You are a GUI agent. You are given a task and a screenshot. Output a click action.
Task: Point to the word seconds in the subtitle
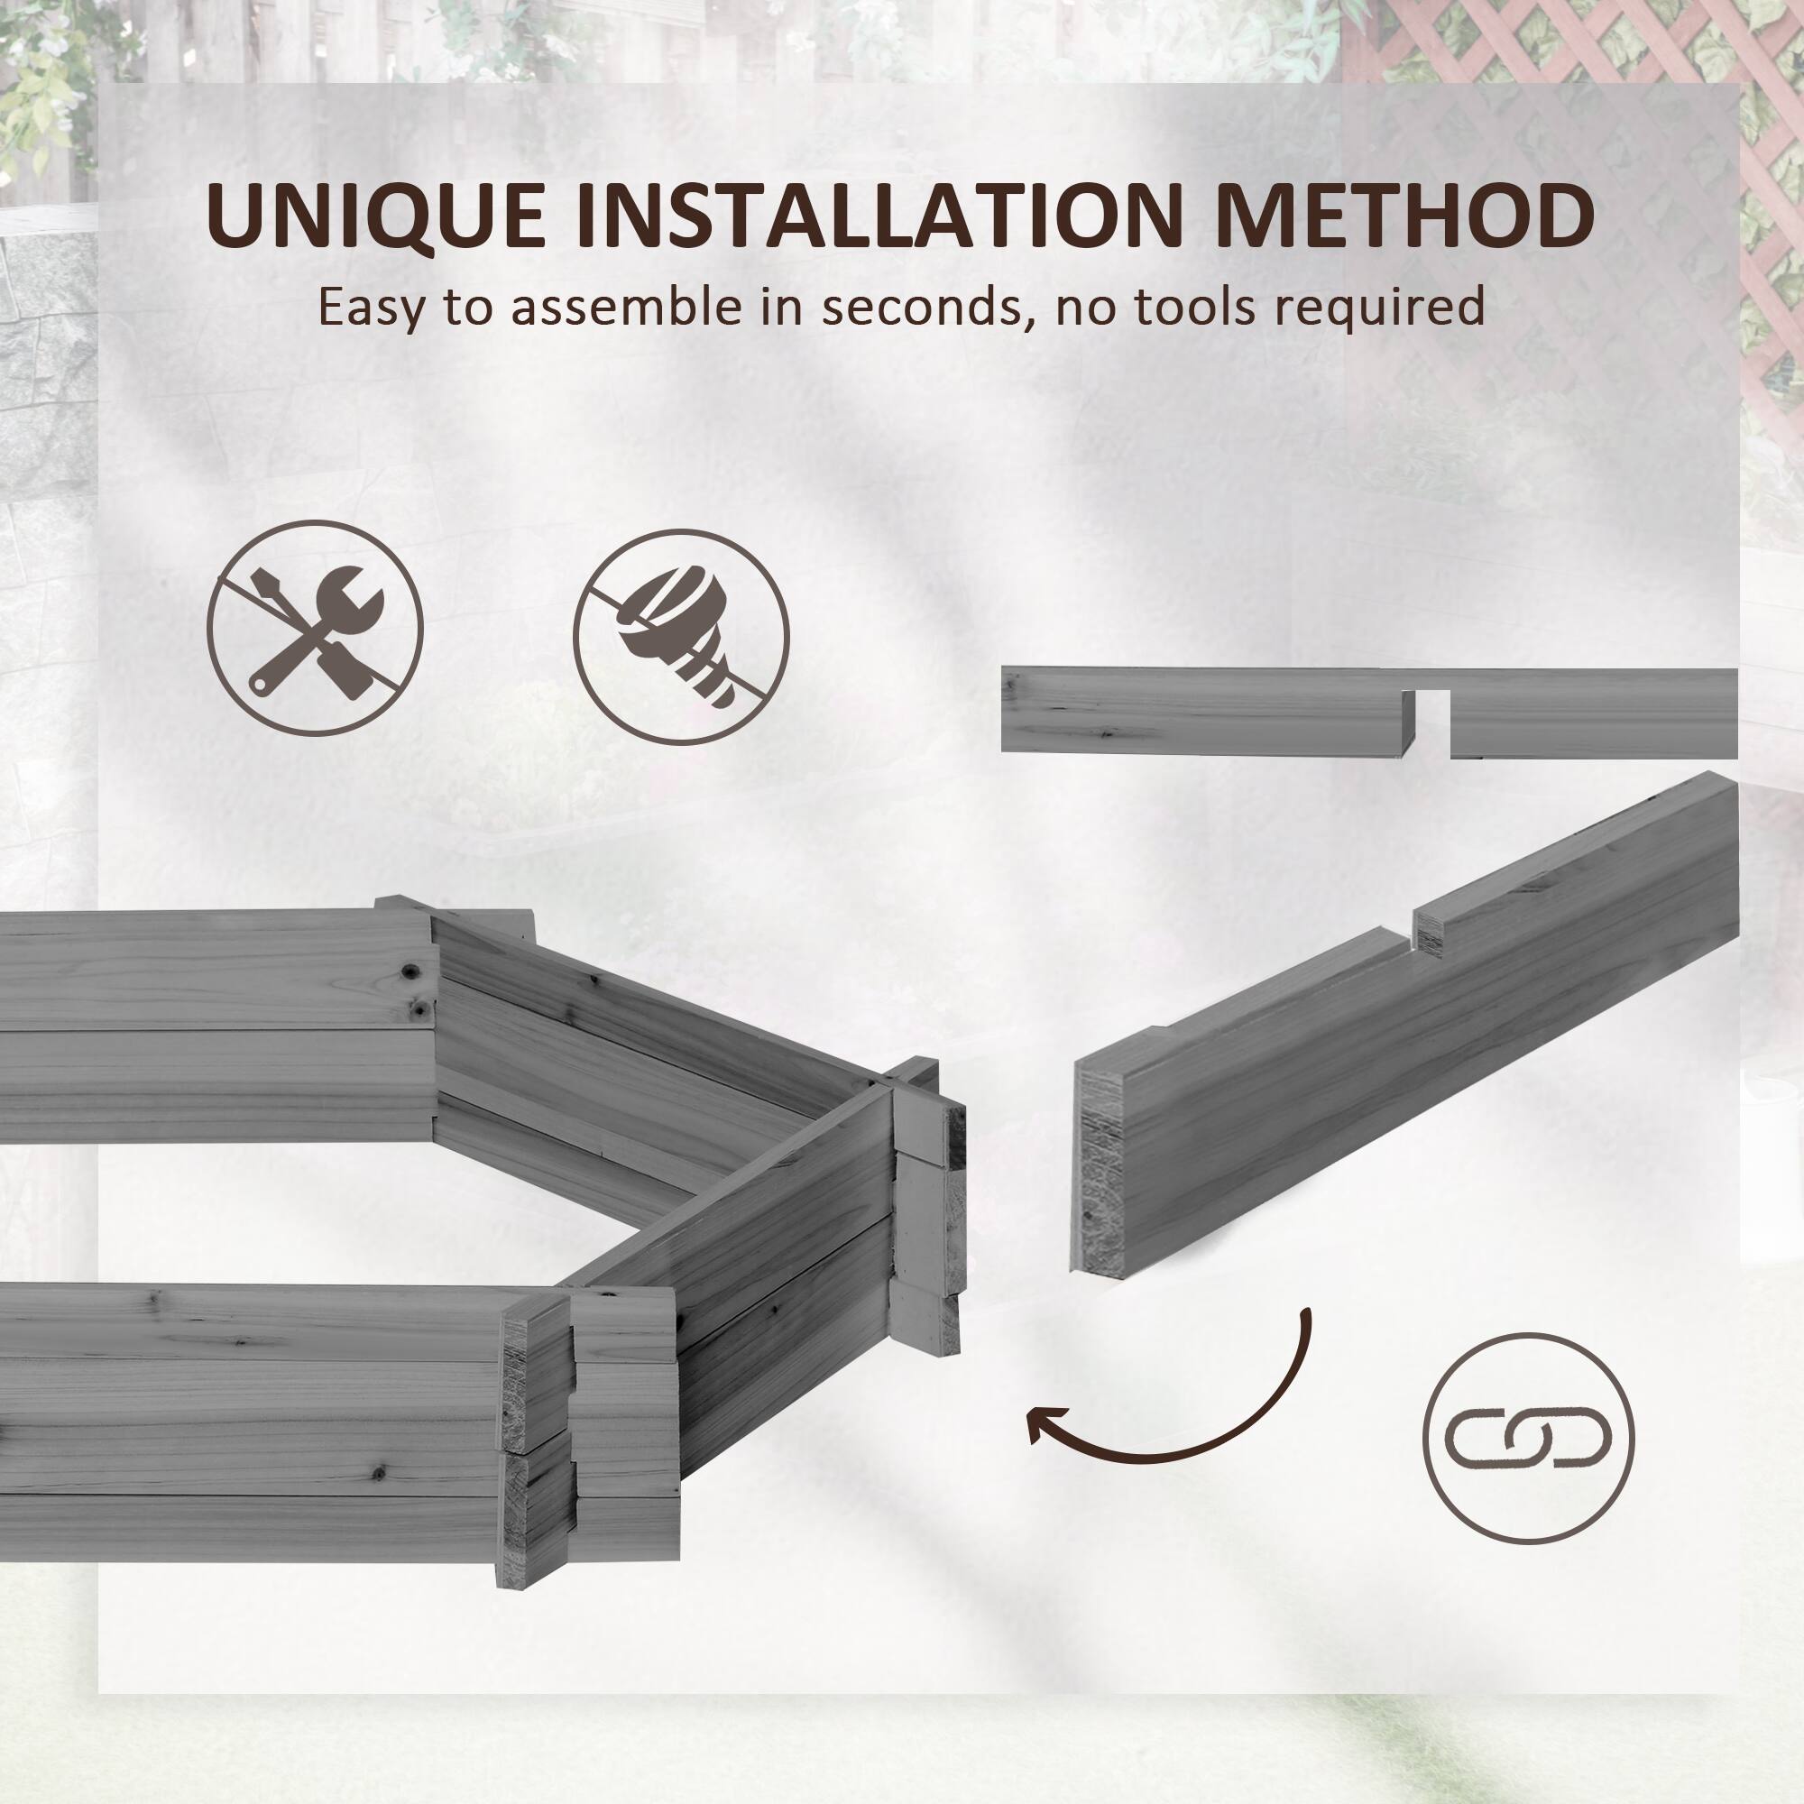(x=920, y=307)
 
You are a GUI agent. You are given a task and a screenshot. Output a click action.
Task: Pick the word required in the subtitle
(x=1384, y=307)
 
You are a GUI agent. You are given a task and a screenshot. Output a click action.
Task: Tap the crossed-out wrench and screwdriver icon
(x=315, y=629)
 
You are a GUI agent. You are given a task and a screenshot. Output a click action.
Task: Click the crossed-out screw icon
(x=681, y=637)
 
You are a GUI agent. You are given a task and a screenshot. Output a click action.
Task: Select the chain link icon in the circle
(x=1528, y=1438)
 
